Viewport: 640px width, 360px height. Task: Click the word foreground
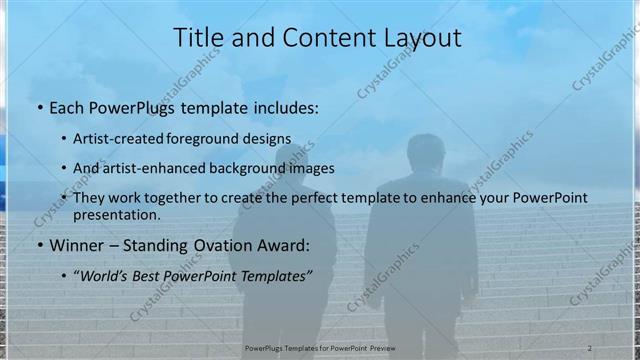215,138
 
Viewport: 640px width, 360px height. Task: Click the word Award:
279,244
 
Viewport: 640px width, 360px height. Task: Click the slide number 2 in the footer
590,348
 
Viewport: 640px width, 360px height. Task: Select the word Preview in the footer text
393,348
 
